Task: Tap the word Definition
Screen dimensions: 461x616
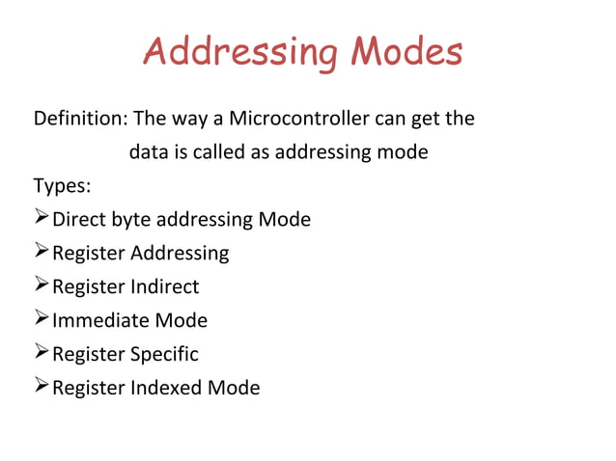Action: pyautogui.click(x=79, y=120)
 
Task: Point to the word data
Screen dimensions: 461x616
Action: pyautogui.click(x=147, y=152)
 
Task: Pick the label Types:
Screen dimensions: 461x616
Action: pyautogui.click(x=62, y=185)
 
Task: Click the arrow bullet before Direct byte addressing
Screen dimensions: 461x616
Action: pyautogui.click(x=42, y=219)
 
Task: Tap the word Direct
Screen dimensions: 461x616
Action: pyautogui.click(x=79, y=220)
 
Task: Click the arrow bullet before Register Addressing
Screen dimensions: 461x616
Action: pyautogui.click(x=42, y=253)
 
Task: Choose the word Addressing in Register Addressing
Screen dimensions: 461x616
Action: pyautogui.click(x=180, y=254)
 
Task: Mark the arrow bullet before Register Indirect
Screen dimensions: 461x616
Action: pyautogui.click(x=42, y=286)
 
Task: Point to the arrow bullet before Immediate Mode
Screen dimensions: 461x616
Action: pyautogui.click(x=42, y=320)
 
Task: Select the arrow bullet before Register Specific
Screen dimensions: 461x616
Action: pyautogui.click(x=42, y=354)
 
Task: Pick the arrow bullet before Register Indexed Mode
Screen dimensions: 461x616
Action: pyautogui.click(x=42, y=388)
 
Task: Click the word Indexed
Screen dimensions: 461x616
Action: pyautogui.click(x=167, y=388)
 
